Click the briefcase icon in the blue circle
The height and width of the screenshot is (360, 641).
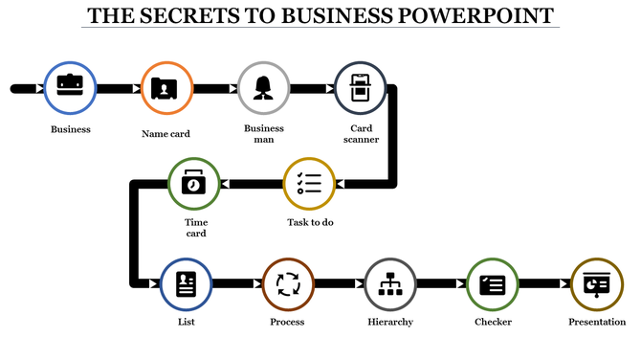tap(70, 87)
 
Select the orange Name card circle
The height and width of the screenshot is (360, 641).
tap(166, 88)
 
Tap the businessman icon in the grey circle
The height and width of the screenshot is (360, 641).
tap(263, 88)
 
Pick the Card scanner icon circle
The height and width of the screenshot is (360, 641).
tap(360, 88)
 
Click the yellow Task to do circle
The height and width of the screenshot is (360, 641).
tap(310, 183)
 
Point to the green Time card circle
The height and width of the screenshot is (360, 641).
tap(194, 183)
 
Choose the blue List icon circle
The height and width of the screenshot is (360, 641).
tap(186, 284)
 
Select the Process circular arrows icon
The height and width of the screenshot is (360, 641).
tap(288, 284)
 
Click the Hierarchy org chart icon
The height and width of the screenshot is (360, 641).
tap(390, 284)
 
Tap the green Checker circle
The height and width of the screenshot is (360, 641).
tap(493, 284)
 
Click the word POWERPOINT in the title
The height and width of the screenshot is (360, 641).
tap(477, 16)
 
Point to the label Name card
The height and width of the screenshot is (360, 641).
tap(166, 134)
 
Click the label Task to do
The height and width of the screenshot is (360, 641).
tap(310, 222)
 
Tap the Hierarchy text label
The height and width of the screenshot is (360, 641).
tap(390, 323)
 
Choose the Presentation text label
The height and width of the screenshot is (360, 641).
tap(597, 323)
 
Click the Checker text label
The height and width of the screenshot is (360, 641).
tap(493, 323)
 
